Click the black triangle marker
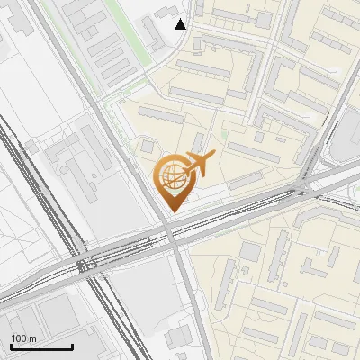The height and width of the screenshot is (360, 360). point(181,24)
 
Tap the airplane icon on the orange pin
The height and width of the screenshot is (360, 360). point(200,164)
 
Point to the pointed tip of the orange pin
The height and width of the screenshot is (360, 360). point(171,211)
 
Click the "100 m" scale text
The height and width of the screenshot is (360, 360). point(23,338)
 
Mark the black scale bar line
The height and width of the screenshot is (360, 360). point(41,347)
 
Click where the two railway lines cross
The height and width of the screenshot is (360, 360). point(86,265)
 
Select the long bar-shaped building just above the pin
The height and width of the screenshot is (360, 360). point(162,115)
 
